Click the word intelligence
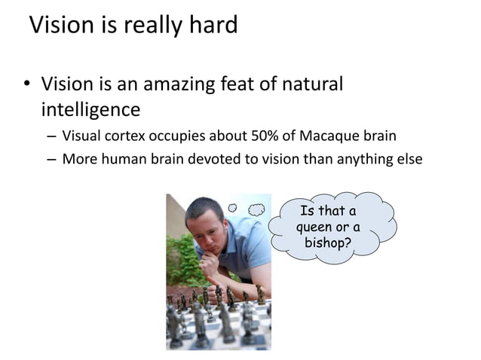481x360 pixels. point(90,110)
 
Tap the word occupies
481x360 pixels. point(179,136)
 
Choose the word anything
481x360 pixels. point(354,160)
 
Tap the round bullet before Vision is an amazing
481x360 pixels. point(24,84)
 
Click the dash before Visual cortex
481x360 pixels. point(50,136)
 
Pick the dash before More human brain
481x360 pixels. point(50,160)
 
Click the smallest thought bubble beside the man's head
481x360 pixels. point(233,207)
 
